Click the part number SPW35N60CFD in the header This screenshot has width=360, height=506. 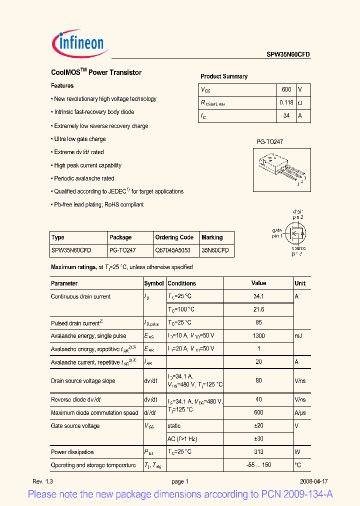pyautogui.click(x=288, y=55)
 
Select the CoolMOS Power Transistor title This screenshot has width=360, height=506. pyautogui.click(x=96, y=72)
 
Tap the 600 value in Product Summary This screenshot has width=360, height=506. pyautogui.click(x=286, y=89)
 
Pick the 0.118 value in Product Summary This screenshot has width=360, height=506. pyautogui.click(x=286, y=102)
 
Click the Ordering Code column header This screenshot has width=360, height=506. pyautogui.click(x=174, y=237)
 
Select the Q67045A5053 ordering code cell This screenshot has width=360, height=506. pyautogui.click(x=173, y=250)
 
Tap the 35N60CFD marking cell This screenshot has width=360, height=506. pyautogui.click(x=215, y=250)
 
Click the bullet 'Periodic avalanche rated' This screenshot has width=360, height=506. pyautogui.click(x=84, y=178)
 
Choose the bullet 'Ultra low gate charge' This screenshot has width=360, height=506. pyautogui.click(x=79, y=139)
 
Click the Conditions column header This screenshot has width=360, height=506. pyautogui.click(x=181, y=283)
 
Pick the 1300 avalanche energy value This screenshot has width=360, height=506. pyautogui.click(x=258, y=336)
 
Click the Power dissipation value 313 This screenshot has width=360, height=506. pyautogui.click(x=258, y=452)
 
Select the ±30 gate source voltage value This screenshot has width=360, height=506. pyautogui.click(x=258, y=439)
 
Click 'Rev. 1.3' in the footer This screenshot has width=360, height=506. pyautogui.click(x=42, y=481)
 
